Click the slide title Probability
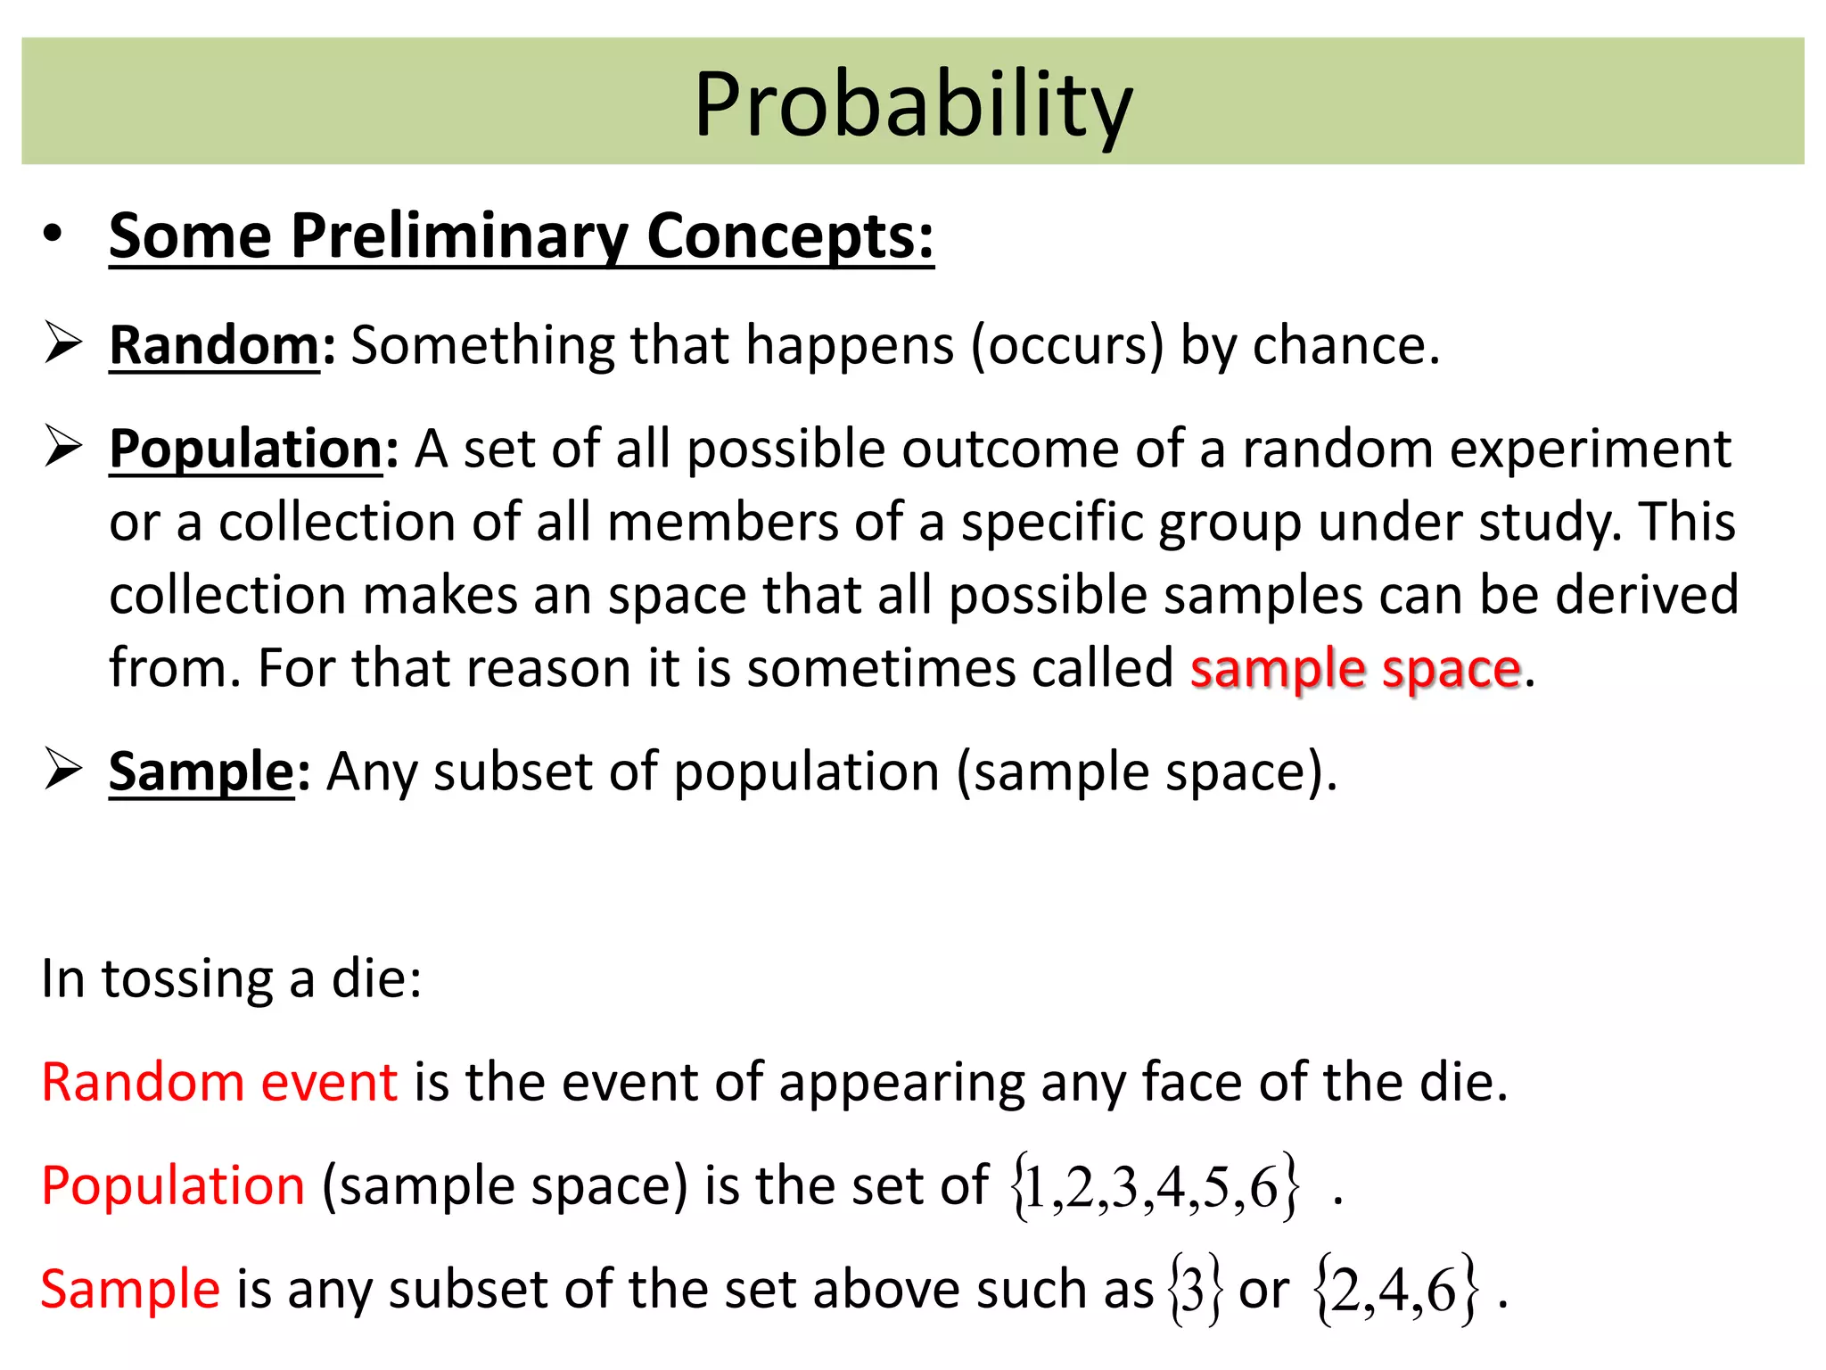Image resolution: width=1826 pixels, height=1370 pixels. pos(913,105)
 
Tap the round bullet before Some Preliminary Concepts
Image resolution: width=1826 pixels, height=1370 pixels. pos(53,233)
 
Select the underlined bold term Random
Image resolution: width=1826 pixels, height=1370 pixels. pos(214,345)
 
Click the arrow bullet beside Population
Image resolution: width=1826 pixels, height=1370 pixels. pos(63,446)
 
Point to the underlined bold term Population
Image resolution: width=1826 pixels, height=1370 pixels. pos(246,449)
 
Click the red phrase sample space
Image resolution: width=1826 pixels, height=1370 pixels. pos(1355,669)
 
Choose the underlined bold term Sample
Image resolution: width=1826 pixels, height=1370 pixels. pos(202,772)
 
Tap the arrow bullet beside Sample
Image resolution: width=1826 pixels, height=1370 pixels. pos(63,769)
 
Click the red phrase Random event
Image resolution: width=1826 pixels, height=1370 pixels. pos(219,1083)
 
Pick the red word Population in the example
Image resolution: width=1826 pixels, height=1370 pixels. pos(174,1186)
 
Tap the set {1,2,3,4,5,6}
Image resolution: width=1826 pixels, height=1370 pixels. pos(1154,1187)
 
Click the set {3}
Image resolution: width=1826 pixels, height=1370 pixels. pos(1194,1291)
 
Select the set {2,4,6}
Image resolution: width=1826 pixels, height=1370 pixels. pos(1395,1291)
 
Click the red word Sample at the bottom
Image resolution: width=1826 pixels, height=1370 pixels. pos(130,1290)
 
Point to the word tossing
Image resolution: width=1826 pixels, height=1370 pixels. pos(187,979)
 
